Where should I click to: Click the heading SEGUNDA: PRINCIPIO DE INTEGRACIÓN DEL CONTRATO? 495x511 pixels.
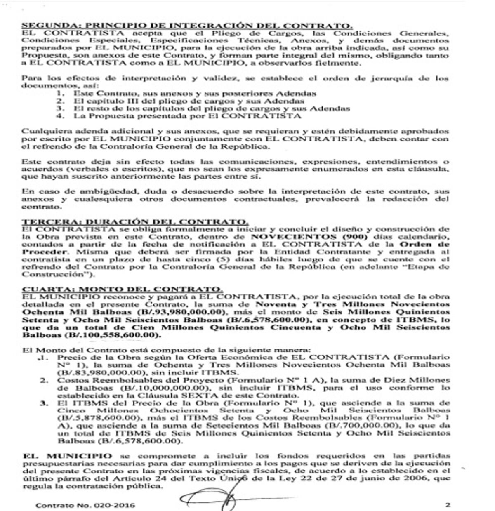tap(187, 26)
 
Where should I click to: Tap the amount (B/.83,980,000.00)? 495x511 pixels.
tap(101, 372)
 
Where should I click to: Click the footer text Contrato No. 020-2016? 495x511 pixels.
tap(85, 505)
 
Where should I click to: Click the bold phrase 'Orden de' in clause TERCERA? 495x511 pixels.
tap(425, 244)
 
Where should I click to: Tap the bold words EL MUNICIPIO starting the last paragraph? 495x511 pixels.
tap(67, 456)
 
